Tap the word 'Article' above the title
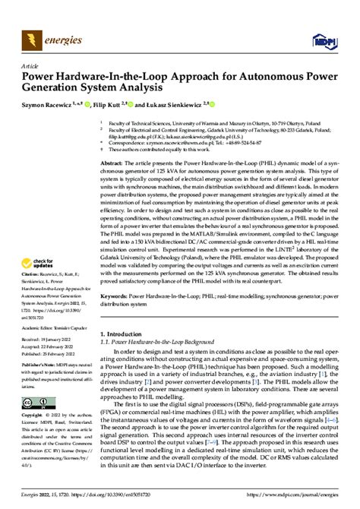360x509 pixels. point(30,65)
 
